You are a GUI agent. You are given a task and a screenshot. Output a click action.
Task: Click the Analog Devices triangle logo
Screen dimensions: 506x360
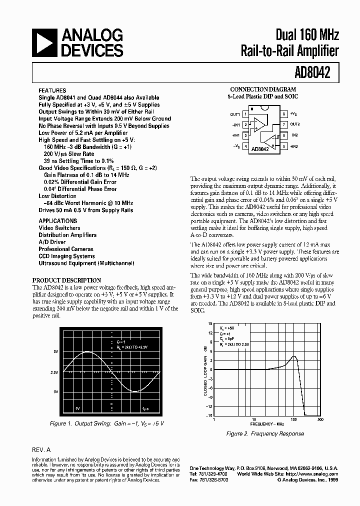(x=44, y=42)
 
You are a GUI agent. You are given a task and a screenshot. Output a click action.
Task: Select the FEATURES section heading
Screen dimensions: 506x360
(x=52, y=90)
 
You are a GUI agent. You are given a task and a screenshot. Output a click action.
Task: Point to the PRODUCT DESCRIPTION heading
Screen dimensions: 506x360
(x=66, y=280)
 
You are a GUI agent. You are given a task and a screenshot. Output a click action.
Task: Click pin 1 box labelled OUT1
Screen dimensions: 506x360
(x=244, y=114)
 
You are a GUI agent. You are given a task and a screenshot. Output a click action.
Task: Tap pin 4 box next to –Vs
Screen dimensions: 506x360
(x=244, y=146)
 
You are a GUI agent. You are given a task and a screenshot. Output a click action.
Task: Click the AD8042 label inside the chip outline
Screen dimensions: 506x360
(x=260, y=148)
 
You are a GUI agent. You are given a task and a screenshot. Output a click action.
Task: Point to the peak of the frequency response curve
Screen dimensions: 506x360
(x=294, y=357)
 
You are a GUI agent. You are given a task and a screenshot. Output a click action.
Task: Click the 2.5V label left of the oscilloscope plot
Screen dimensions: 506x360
(x=54, y=372)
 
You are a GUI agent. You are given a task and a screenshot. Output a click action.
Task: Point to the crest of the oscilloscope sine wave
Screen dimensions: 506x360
(x=88, y=352)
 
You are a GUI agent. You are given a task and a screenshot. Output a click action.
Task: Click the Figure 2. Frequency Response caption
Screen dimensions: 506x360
(x=265, y=433)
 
